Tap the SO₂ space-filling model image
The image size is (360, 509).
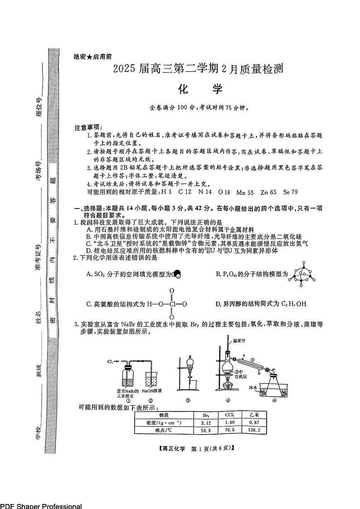tap(177, 274)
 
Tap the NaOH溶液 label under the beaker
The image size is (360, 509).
tap(152, 391)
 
